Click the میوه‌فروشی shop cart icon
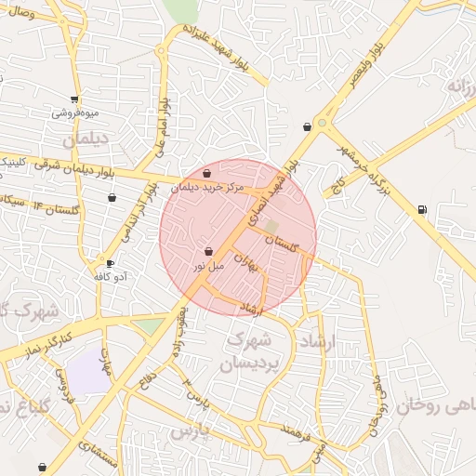[x=74, y=99]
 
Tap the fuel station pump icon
[x=423, y=209]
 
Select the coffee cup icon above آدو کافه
[x=111, y=263]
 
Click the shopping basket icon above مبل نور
[x=207, y=251]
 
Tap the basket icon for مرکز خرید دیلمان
[x=206, y=173]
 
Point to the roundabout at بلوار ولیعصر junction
[x=323, y=122]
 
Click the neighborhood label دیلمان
[x=86, y=140]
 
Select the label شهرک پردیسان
[x=249, y=351]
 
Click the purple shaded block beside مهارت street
[x=87, y=373]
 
